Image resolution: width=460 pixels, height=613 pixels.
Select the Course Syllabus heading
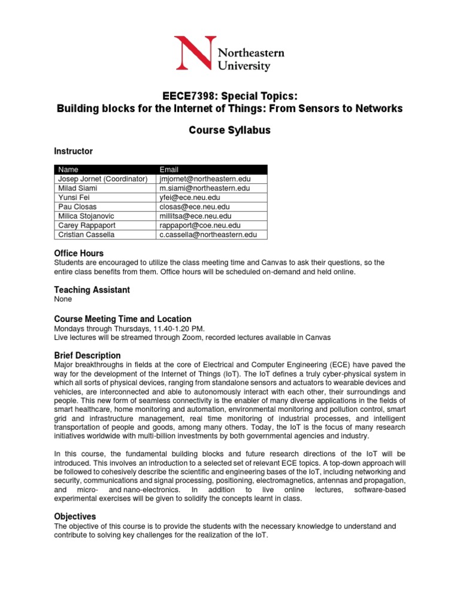pos(230,130)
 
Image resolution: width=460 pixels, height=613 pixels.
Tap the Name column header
pos(68,169)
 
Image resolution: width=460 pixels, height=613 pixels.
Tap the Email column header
pos(168,169)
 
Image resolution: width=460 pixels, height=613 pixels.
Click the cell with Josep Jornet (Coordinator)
pos(102,178)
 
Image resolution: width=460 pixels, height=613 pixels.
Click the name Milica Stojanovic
pos(85,216)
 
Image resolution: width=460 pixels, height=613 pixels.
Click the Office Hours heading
pos(78,253)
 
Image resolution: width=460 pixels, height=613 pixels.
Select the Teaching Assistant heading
pos(92,290)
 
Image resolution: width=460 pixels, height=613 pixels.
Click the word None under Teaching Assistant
pos(63,299)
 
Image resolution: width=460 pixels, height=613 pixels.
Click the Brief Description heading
pos(87,355)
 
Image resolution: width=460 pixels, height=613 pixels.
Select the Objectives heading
pos(75,516)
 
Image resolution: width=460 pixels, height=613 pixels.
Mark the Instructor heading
pos(73,151)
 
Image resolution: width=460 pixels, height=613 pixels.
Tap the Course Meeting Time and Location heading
pos(123,319)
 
